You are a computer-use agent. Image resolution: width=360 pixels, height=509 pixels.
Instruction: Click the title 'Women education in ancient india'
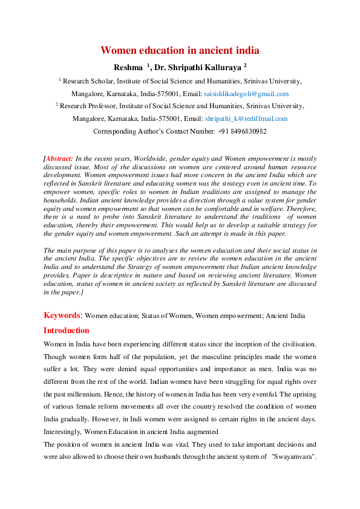(180, 50)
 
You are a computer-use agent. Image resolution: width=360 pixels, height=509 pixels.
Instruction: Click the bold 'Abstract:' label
(61, 158)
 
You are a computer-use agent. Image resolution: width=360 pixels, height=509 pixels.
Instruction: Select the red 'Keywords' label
(62, 315)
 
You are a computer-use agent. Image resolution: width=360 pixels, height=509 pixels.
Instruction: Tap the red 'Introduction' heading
(66, 331)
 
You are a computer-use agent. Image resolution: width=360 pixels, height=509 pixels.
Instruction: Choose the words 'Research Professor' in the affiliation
(88, 106)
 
